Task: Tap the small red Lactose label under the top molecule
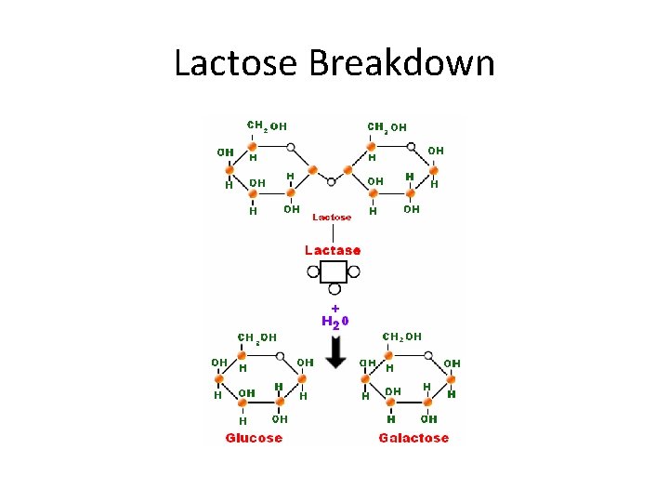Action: (332, 217)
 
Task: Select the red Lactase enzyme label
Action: (333, 250)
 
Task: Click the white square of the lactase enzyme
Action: (333, 271)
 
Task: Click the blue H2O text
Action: (334, 322)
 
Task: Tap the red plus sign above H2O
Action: (334, 307)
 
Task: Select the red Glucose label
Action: (254, 438)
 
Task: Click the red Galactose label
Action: (413, 438)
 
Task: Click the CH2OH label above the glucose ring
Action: (257, 337)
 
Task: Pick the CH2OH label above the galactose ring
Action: (402, 336)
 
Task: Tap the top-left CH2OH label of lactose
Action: (266, 125)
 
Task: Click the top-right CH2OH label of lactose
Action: (387, 126)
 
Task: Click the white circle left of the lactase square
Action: (313, 272)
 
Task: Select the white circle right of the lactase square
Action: (353, 272)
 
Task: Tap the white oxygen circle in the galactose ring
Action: (431, 355)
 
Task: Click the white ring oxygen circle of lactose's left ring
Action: (292, 147)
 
